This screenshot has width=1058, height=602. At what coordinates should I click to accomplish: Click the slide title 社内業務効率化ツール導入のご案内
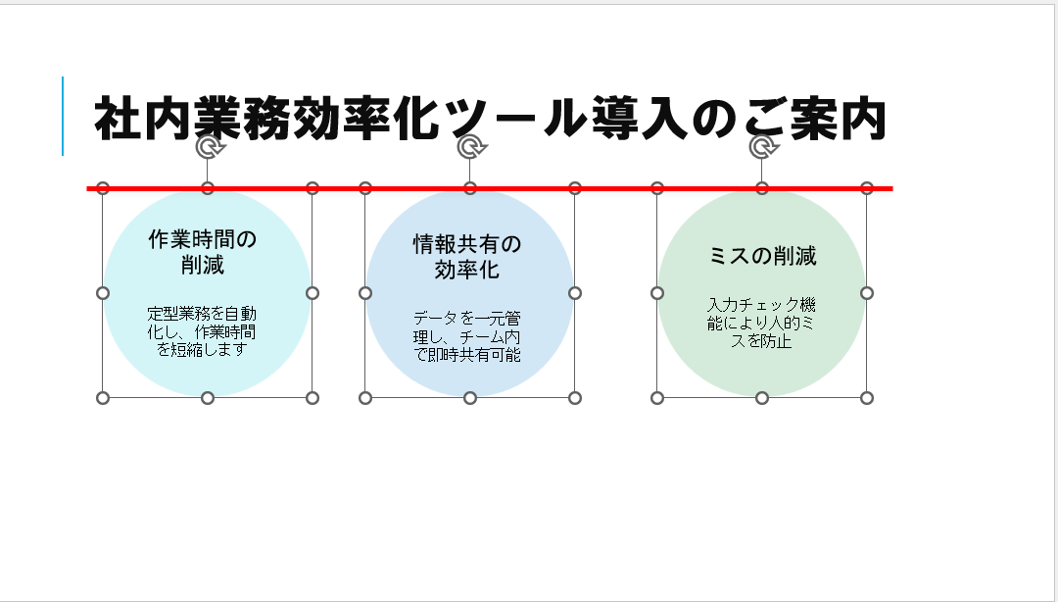click(x=490, y=120)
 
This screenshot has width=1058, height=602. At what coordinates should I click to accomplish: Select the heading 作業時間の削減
click(x=203, y=252)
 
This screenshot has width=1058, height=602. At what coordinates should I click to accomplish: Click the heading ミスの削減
click(x=762, y=257)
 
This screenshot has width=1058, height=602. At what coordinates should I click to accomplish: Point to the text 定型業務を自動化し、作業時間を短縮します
click(x=203, y=331)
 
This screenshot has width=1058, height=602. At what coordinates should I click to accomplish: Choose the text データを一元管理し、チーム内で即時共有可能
click(x=467, y=336)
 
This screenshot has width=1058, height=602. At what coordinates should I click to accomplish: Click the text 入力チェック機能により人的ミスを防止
click(x=761, y=324)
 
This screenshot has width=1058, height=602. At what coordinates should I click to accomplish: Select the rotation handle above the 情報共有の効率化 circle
click(x=471, y=147)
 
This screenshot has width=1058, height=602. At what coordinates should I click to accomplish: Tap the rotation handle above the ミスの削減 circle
click(x=762, y=147)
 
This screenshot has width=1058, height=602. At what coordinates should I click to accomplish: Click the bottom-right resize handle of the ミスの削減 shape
click(x=867, y=398)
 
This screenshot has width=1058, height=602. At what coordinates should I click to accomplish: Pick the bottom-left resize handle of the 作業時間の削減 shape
click(x=103, y=398)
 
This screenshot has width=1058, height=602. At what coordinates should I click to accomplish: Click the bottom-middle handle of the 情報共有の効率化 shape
click(x=470, y=398)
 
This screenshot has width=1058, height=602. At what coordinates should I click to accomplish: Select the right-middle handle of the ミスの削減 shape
click(x=867, y=293)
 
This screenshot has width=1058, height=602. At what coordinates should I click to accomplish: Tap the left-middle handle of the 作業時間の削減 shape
click(x=103, y=293)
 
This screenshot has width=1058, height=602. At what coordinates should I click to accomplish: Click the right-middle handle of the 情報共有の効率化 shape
click(x=575, y=293)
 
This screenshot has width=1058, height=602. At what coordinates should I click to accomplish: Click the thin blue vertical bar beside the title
click(x=63, y=116)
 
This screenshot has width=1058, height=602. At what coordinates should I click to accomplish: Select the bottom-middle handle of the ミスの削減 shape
click(x=762, y=398)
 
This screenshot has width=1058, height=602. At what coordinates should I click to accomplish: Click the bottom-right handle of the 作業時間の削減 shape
click(x=313, y=398)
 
